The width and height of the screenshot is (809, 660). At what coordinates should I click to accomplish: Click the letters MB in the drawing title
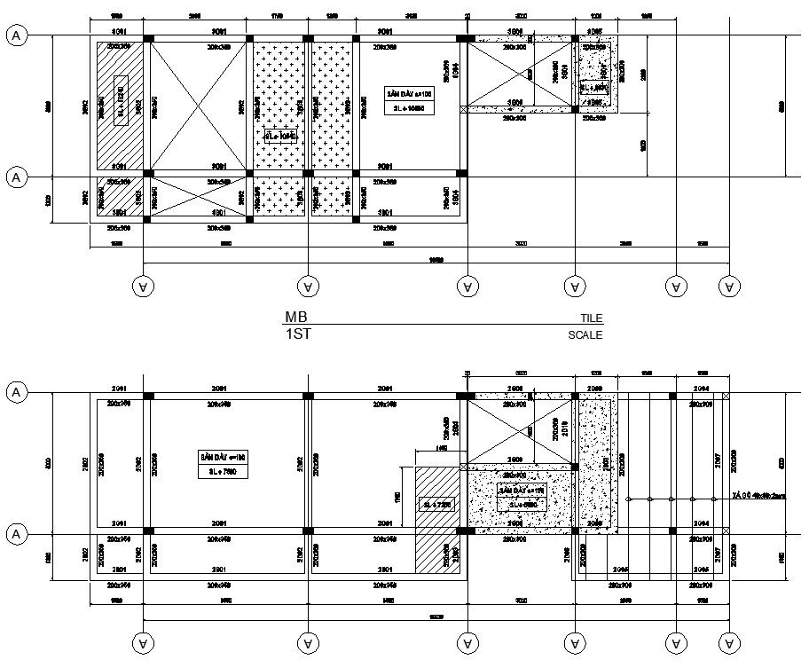coord(295,317)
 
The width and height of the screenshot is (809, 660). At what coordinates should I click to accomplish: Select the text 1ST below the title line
coord(297,334)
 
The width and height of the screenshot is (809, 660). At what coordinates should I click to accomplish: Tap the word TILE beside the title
coord(591,318)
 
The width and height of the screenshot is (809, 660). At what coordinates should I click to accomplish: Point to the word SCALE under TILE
coord(585,335)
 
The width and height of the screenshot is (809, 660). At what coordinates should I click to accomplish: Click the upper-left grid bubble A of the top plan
coord(15,35)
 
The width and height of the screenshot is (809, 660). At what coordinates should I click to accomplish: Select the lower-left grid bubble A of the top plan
coord(15,177)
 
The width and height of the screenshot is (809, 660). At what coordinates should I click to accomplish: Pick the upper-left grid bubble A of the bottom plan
coord(15,392)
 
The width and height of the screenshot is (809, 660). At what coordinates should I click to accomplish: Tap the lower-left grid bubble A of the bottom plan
coord(15,534)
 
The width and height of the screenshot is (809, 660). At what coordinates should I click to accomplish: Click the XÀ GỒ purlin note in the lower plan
coord(759,496)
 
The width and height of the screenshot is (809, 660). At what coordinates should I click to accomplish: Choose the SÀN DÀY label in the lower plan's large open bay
coord(221,456)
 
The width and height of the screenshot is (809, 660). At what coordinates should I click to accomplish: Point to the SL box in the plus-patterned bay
coord(280,136)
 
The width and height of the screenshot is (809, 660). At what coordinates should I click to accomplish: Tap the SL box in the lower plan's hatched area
coord(437,504)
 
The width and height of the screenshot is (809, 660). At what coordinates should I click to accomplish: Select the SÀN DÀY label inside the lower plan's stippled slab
coord(522,490)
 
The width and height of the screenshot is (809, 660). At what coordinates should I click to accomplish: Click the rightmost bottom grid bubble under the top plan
coord(729,286)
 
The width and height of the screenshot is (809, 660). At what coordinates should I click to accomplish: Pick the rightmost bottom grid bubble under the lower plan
coord(729,641)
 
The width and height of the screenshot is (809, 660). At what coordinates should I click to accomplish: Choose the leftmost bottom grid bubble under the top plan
coord(142,286)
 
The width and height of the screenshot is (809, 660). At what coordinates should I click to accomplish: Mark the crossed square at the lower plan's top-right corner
coord(727,396)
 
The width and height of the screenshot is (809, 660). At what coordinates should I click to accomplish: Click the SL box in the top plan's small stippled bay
coord(594,87)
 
